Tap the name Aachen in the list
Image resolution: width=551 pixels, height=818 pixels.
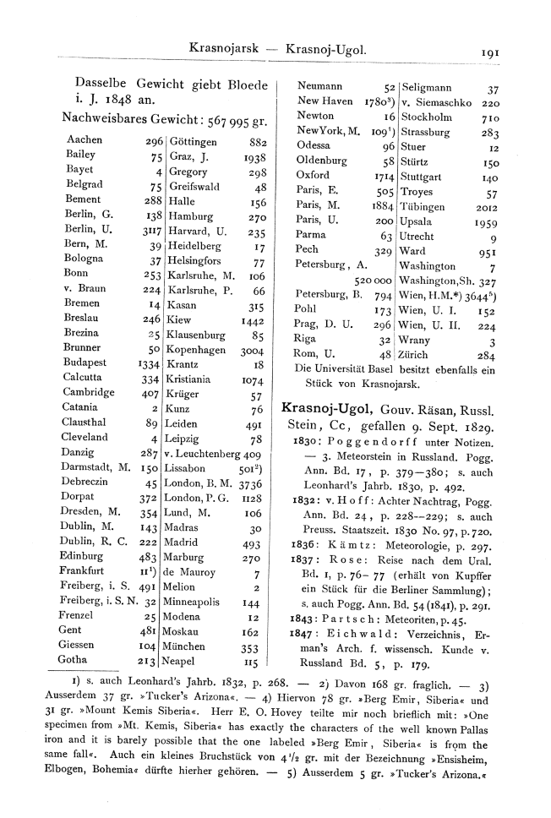[x=84, y=140]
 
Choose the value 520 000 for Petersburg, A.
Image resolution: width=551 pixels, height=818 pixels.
[x=371, y=279]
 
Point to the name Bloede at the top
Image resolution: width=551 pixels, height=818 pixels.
[x=240, y=85]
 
